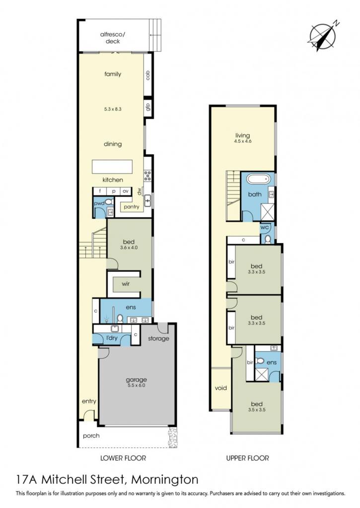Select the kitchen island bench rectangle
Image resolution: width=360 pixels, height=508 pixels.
click(x=112, y=167)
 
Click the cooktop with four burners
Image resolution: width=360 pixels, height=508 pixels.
click(x=148, y=175)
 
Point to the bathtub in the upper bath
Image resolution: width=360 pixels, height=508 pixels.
click(x=258, y=179)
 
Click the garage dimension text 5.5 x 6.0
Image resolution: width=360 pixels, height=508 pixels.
click(x=136, y=385)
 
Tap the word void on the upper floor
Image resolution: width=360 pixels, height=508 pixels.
click(x=220, y=388)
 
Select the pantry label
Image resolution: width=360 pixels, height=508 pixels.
click(x=132, y=207)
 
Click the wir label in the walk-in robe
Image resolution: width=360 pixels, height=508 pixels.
click(x=126, y=284)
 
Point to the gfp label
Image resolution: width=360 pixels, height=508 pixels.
click(x=147, y=107)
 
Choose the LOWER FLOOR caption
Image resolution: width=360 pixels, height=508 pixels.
click(x=123, y=458)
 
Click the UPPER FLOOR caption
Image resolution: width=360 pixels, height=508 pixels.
click(x=247, y=458)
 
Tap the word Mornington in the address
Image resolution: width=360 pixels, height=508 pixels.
click(x=164, y=480)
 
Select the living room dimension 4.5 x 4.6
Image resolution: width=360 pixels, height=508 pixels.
click(x=243, y=141)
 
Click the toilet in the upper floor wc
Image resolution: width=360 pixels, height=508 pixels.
click(x=268, y=239)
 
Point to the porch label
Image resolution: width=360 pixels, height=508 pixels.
click(x=91, y=436)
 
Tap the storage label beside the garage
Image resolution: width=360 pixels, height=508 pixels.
click(x=158, y=338)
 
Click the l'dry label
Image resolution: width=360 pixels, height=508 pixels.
click(x=112, y=338)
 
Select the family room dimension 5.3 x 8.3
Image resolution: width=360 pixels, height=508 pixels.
click(x=113, y=109)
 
